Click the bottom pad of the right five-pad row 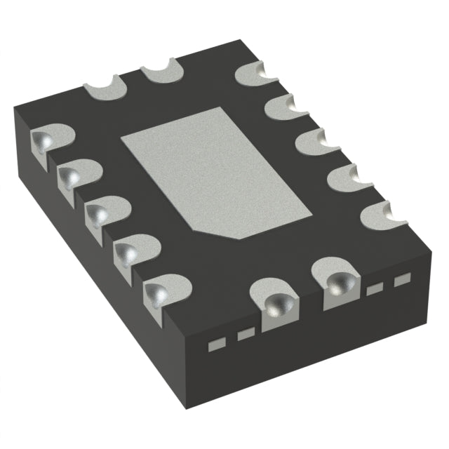point(383,214)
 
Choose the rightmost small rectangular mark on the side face point(401,280)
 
